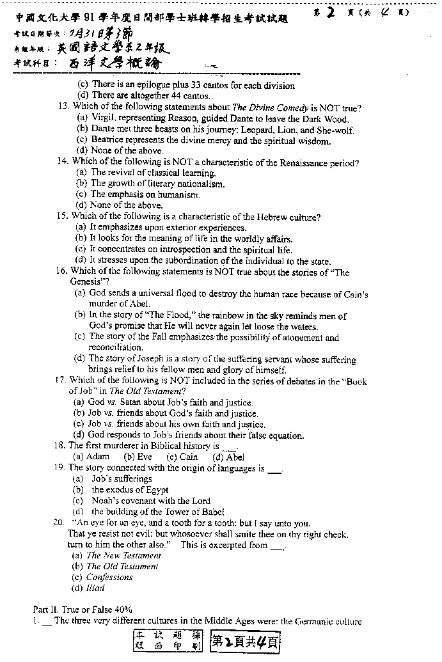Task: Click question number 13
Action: point(63,107)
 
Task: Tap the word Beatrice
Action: point(108,141)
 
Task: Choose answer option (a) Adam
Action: point(91,457)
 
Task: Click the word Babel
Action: point(211,512)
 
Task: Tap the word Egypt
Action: point(155,490)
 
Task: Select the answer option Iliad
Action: point(95,588)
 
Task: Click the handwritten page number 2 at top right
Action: point(331,12)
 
